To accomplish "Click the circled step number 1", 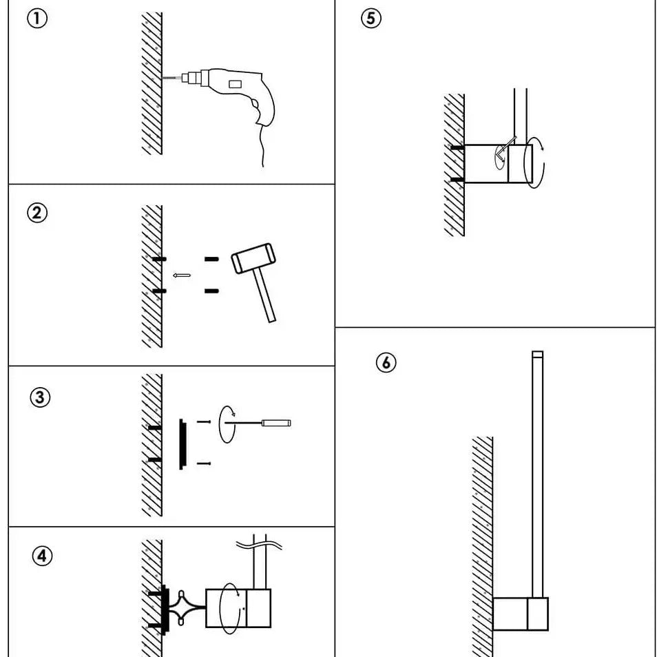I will click(37, 19).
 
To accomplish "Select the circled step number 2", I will click(37, 213).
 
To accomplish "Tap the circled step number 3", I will click(41, 397).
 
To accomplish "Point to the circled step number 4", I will click(43, 556).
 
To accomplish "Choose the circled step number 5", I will click(371, 19).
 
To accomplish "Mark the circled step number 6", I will click(386, 362).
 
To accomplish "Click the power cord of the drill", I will click(262, 148).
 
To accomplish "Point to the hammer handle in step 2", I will click(264, 296).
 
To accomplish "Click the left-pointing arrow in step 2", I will click(181, 275).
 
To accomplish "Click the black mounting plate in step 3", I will click(182, 444).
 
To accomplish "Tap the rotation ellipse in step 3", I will click(227, 424).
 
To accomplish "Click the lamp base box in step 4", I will click(238, 607).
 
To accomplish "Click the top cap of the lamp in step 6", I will click(537, 355).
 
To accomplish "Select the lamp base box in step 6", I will click(521, 614).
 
